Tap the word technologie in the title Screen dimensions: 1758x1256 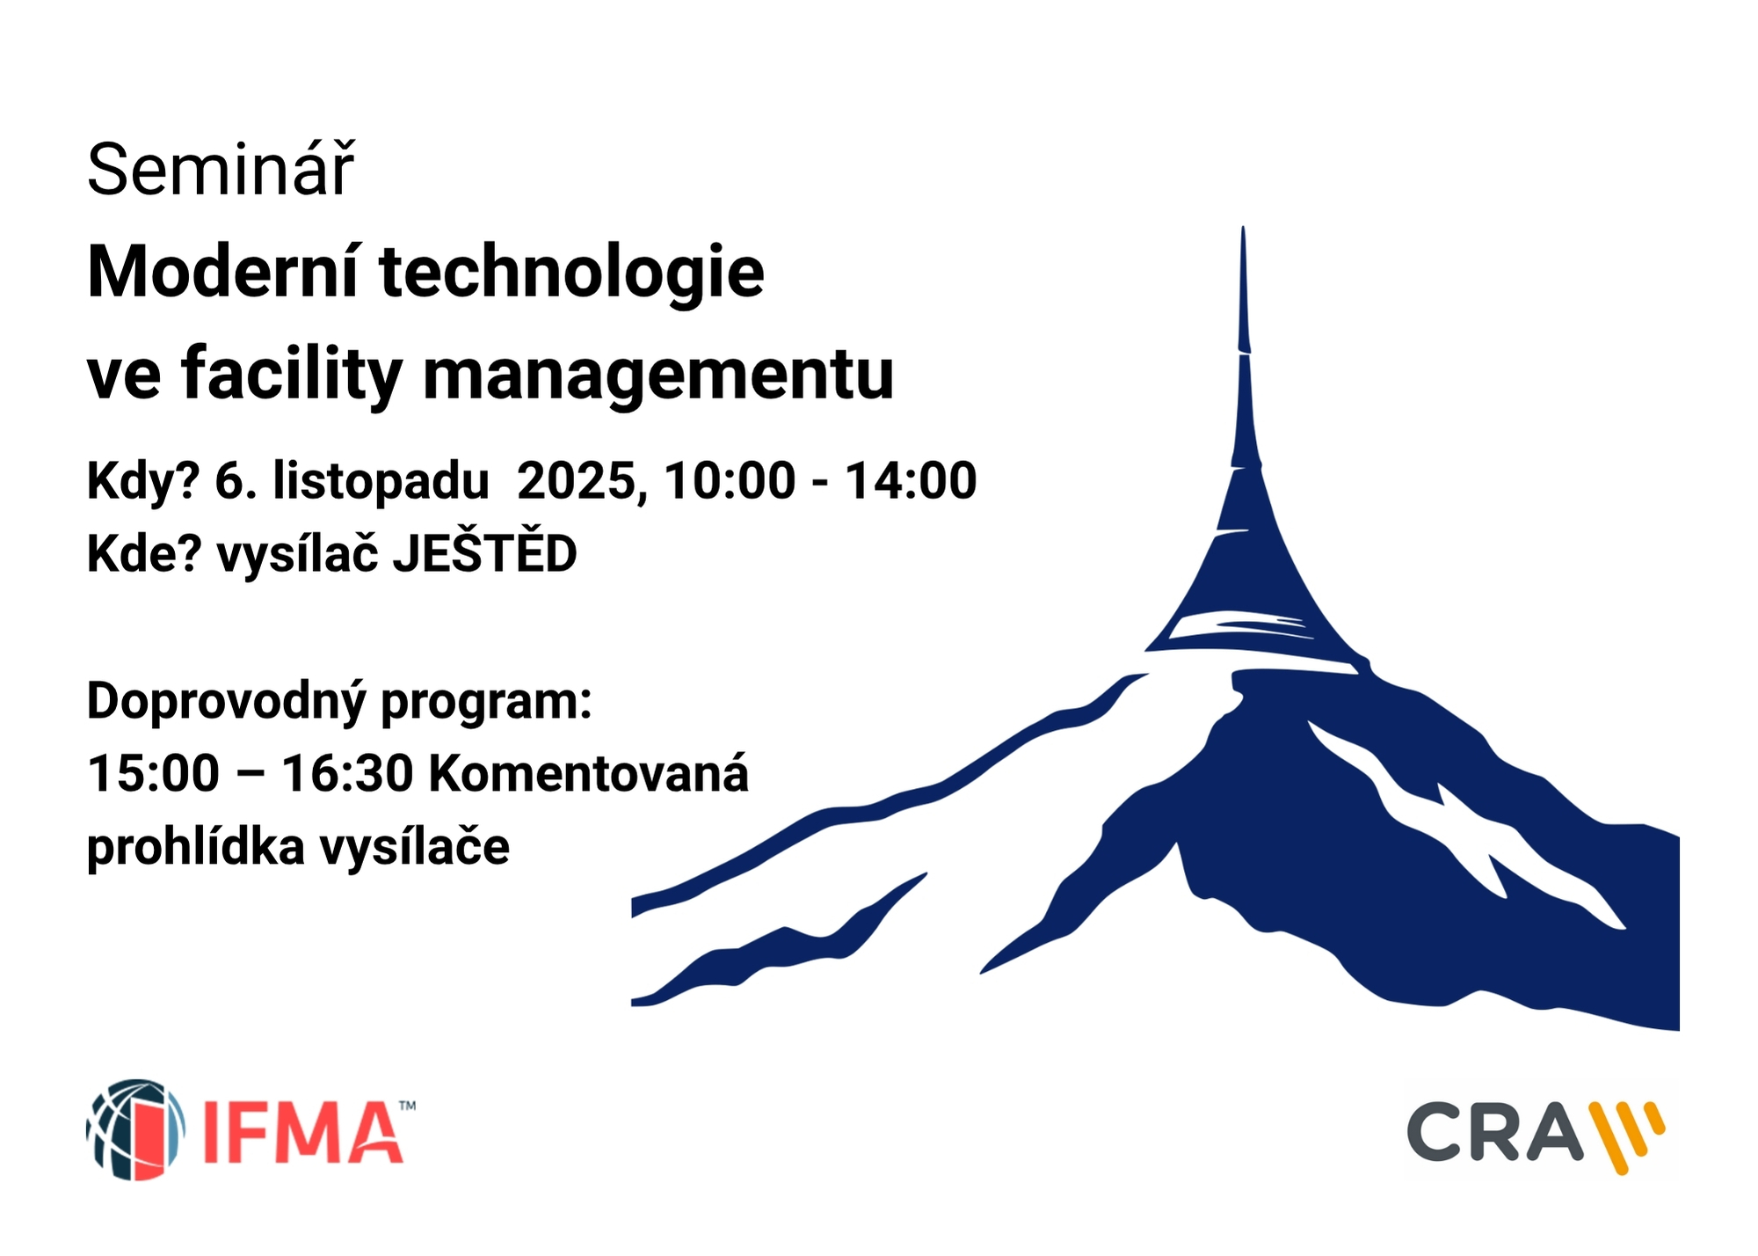click(x=571, y=274)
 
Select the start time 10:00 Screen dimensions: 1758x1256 click(x=730, y=481)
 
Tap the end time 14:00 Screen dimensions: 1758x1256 click(x=911, y=481)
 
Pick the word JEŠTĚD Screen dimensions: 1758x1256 click(x=484, y=551)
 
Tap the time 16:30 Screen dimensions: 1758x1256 click(x=347, y=774)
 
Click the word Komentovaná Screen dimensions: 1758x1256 click(x=588, y=773)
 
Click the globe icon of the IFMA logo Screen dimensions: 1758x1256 click(x=136, y=1129)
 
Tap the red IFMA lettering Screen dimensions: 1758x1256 click(x=302, y=1132)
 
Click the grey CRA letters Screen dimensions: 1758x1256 click(x=1493, y=1132)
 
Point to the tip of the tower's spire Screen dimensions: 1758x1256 click(x=1243, y=228)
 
